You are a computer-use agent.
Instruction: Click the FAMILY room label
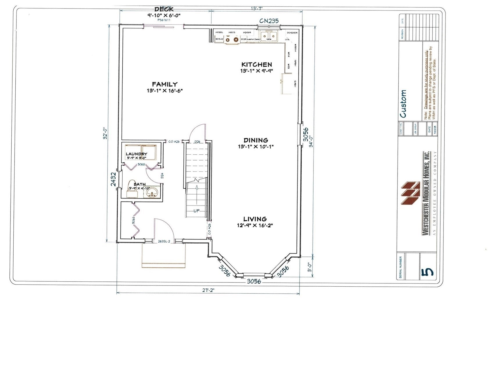click(164, 85)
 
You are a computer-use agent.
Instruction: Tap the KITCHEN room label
click(257, 65)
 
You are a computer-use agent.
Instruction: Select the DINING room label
click(256, 140)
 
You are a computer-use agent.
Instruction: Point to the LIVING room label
click(255, 219)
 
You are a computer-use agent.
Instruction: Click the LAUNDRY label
click(136, 154)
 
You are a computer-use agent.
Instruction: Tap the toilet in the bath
click(132, 187)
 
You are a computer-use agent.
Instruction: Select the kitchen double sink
click(269, 36)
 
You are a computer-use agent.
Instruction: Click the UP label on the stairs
click(196, 211)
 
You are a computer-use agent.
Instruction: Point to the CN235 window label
click(269, 21)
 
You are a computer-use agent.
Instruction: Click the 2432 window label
click(113, 179)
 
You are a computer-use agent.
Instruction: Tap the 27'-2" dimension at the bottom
click(208, 290)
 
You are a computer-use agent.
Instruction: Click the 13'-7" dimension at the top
click(257, 9)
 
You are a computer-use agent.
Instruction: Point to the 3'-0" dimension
click(310, 267)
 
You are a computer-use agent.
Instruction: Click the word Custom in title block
click(403, 104)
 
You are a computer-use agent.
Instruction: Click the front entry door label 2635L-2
click(164, 241)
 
